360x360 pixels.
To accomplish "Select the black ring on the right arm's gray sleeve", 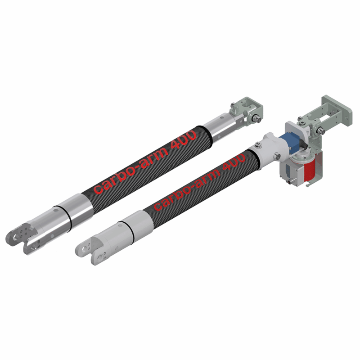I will [132, 232].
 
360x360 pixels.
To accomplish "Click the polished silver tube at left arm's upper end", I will [220, 129].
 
